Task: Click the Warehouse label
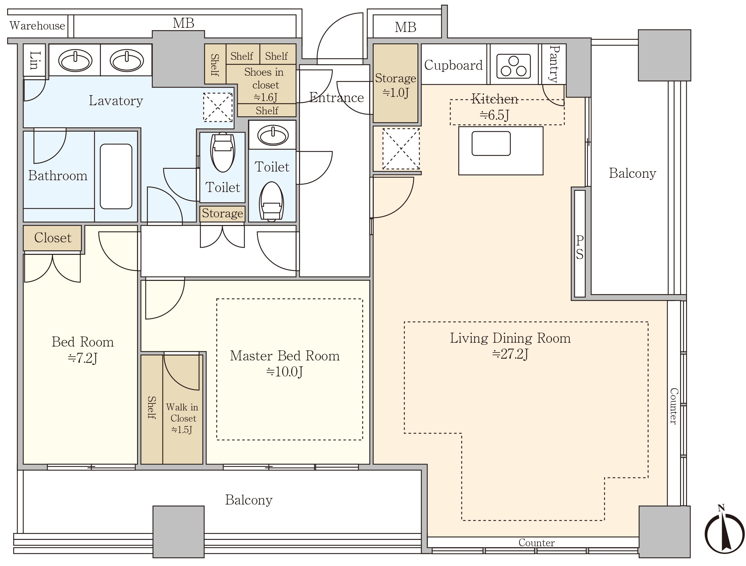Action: click(37, 26)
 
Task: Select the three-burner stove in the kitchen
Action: click(514, 66)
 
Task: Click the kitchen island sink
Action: click(491, 143)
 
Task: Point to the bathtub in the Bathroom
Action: click(116, 176)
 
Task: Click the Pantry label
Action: click(554, 64)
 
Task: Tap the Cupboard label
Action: click(453, 65)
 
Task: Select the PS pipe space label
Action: click(580, 247)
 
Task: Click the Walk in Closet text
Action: click(182, 413)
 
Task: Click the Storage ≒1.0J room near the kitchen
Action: click(396, 84)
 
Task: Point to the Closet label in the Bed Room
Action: click(53, 238)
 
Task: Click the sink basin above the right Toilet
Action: click(273, 135)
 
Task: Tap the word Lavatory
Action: click(116, 101)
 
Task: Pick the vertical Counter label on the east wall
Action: click(673, 406)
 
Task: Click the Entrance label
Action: click(336, 98)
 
